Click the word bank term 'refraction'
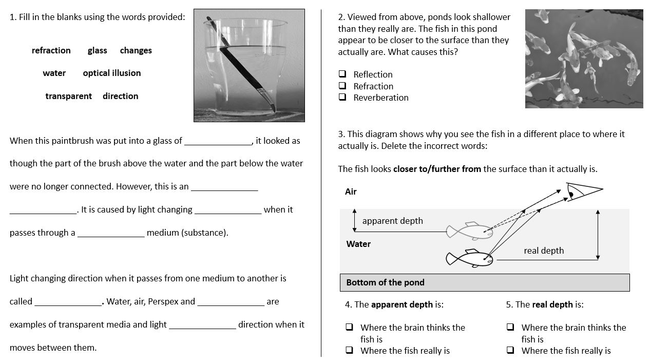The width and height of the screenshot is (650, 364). point(51,50)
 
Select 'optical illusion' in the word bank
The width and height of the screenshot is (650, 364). point(111,73)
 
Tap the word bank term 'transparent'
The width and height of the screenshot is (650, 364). point(68,96)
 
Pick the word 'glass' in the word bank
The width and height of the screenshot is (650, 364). point(97,50)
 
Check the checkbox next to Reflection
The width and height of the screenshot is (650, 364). point(342,74)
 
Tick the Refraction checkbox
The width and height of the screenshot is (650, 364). point(342,86)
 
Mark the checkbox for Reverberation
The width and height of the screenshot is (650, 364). point(342,98)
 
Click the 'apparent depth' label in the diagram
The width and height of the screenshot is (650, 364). point(392,221)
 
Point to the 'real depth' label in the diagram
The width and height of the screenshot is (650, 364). point(543,251)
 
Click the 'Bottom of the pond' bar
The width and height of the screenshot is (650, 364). point(484,282)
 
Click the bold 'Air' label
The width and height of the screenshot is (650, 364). point(351,191)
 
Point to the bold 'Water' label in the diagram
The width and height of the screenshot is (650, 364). point(358,244)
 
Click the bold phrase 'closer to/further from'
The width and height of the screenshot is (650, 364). point(437,169)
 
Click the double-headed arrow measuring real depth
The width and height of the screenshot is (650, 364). point(598,234)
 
